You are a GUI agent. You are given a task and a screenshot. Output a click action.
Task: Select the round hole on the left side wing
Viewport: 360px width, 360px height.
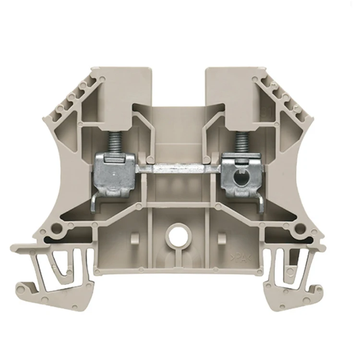pyautogui.click(x=58, y=226)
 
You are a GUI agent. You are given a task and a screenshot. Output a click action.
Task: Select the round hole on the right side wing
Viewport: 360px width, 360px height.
pyautogui.click(x=301, y=226)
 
